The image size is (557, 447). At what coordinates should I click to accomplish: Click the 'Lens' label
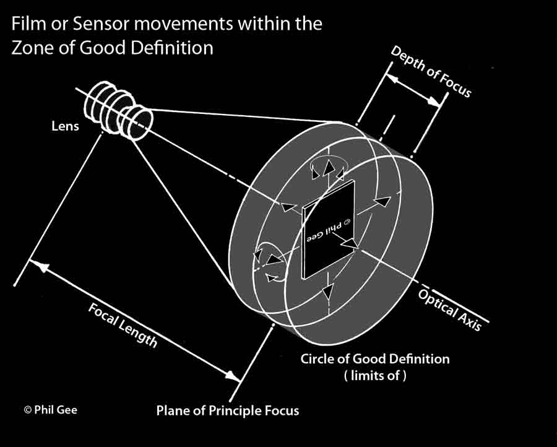[x=65, y=126]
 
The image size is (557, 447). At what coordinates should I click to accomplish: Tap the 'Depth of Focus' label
[x=431, y=71]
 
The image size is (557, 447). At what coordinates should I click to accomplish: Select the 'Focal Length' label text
[x=123, y=325]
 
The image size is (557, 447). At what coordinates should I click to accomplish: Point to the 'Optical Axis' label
[x=449, y=310]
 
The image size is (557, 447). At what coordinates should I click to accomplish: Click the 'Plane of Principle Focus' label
[x=227, y=410]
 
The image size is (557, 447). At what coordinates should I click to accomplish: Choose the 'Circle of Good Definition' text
[x=375, y=358]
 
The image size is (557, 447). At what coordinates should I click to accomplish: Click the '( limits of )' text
[x=375, y=375]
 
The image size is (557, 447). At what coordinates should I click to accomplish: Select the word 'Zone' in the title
[x=30, y=48]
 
